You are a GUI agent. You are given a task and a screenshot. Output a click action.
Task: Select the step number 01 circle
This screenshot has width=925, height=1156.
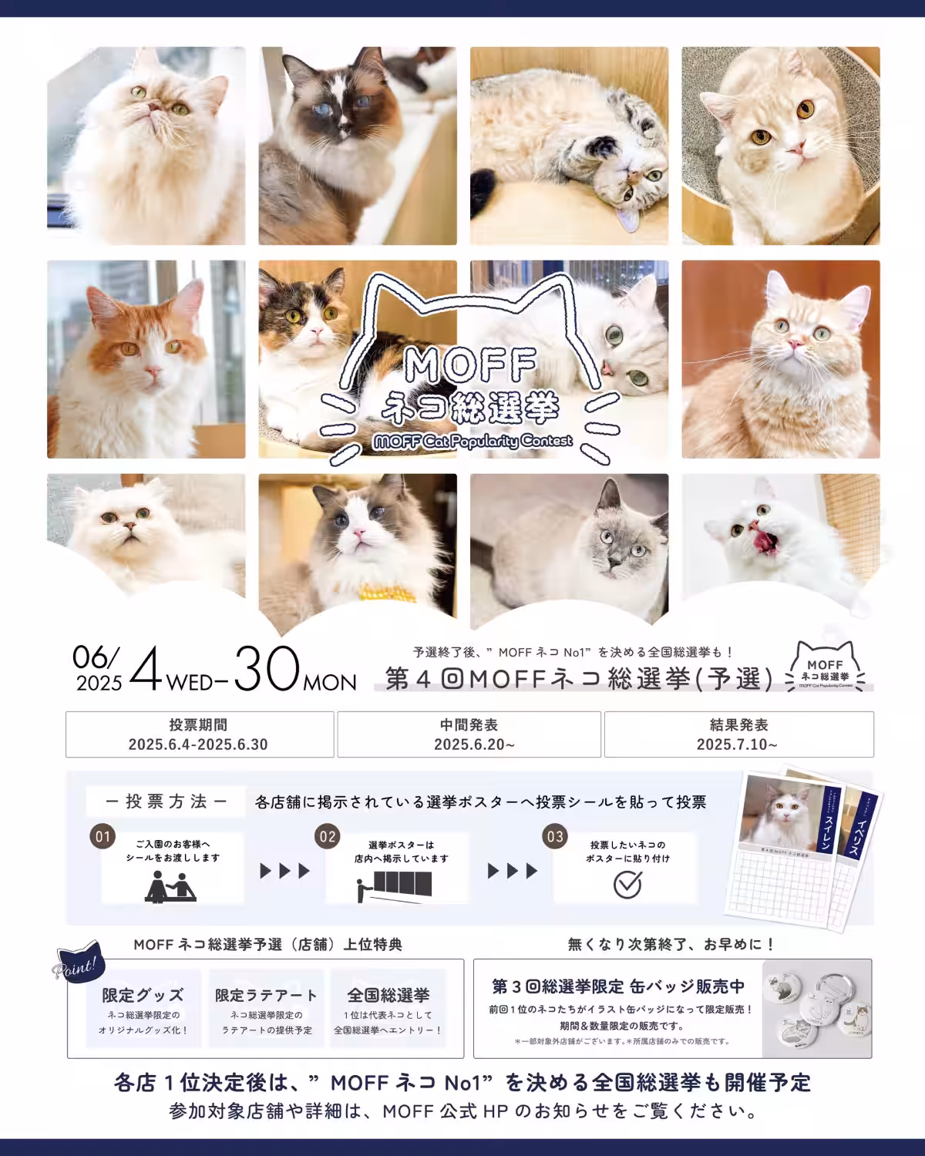click(102, 837)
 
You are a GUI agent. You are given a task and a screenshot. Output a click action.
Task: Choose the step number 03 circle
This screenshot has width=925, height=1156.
click(554, 837)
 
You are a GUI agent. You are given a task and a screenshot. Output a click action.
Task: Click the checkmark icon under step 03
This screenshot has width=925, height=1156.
click(627, 884)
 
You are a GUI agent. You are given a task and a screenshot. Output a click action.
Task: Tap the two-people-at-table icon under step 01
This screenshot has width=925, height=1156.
click(171, 886)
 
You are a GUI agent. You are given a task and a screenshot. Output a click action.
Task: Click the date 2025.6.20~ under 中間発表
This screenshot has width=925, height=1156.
click(469, 744)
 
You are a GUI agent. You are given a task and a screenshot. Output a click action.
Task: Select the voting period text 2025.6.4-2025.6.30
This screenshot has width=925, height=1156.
click(199, 744)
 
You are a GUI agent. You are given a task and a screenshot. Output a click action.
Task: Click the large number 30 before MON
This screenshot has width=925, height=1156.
click(267, 670)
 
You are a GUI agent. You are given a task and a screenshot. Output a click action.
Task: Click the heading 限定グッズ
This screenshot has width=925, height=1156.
click(143, 995)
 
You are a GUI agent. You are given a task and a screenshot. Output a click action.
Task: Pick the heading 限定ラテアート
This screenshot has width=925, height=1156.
click(266, 995)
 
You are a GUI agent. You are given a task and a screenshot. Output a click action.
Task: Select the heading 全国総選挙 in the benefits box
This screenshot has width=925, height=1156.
click(388, 995)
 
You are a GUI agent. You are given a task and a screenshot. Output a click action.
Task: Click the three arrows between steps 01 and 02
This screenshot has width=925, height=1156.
click(284, 871)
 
